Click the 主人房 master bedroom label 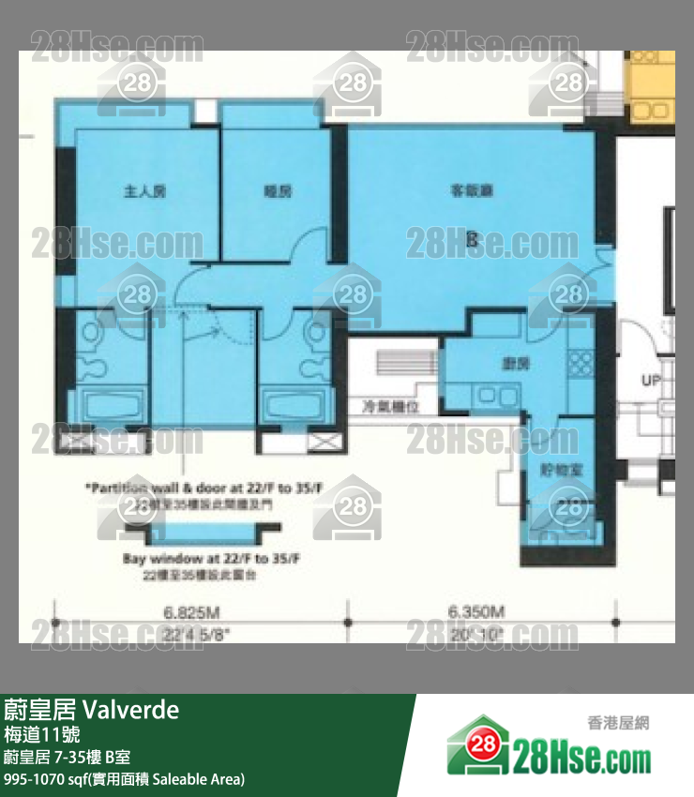click(144, 191)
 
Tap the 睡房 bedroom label click(278, 191)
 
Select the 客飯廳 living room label click(472, 191)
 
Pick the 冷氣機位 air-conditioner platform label click(389, 407)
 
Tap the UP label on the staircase click(651, 382)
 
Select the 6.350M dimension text click(476, 613)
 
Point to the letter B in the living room click(473, 240)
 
